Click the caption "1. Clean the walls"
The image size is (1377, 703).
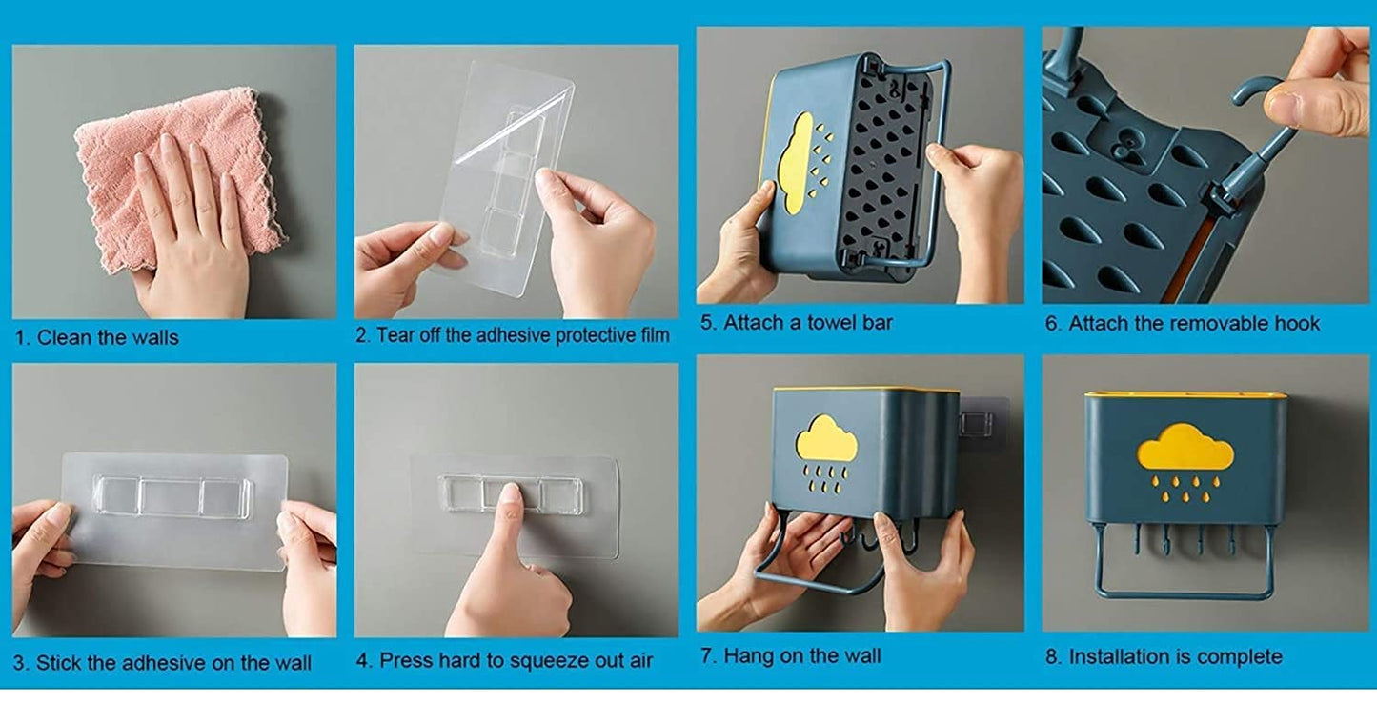pos(97,337)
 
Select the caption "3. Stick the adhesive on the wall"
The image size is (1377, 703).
pos(163,663)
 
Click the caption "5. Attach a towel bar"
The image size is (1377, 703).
pos(797,323)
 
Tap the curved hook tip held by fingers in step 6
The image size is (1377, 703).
pos(1250,91)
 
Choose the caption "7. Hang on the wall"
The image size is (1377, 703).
pos(790,656)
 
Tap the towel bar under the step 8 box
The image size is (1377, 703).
pos(1185,593)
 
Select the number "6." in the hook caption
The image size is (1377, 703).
pos(1053,324)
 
